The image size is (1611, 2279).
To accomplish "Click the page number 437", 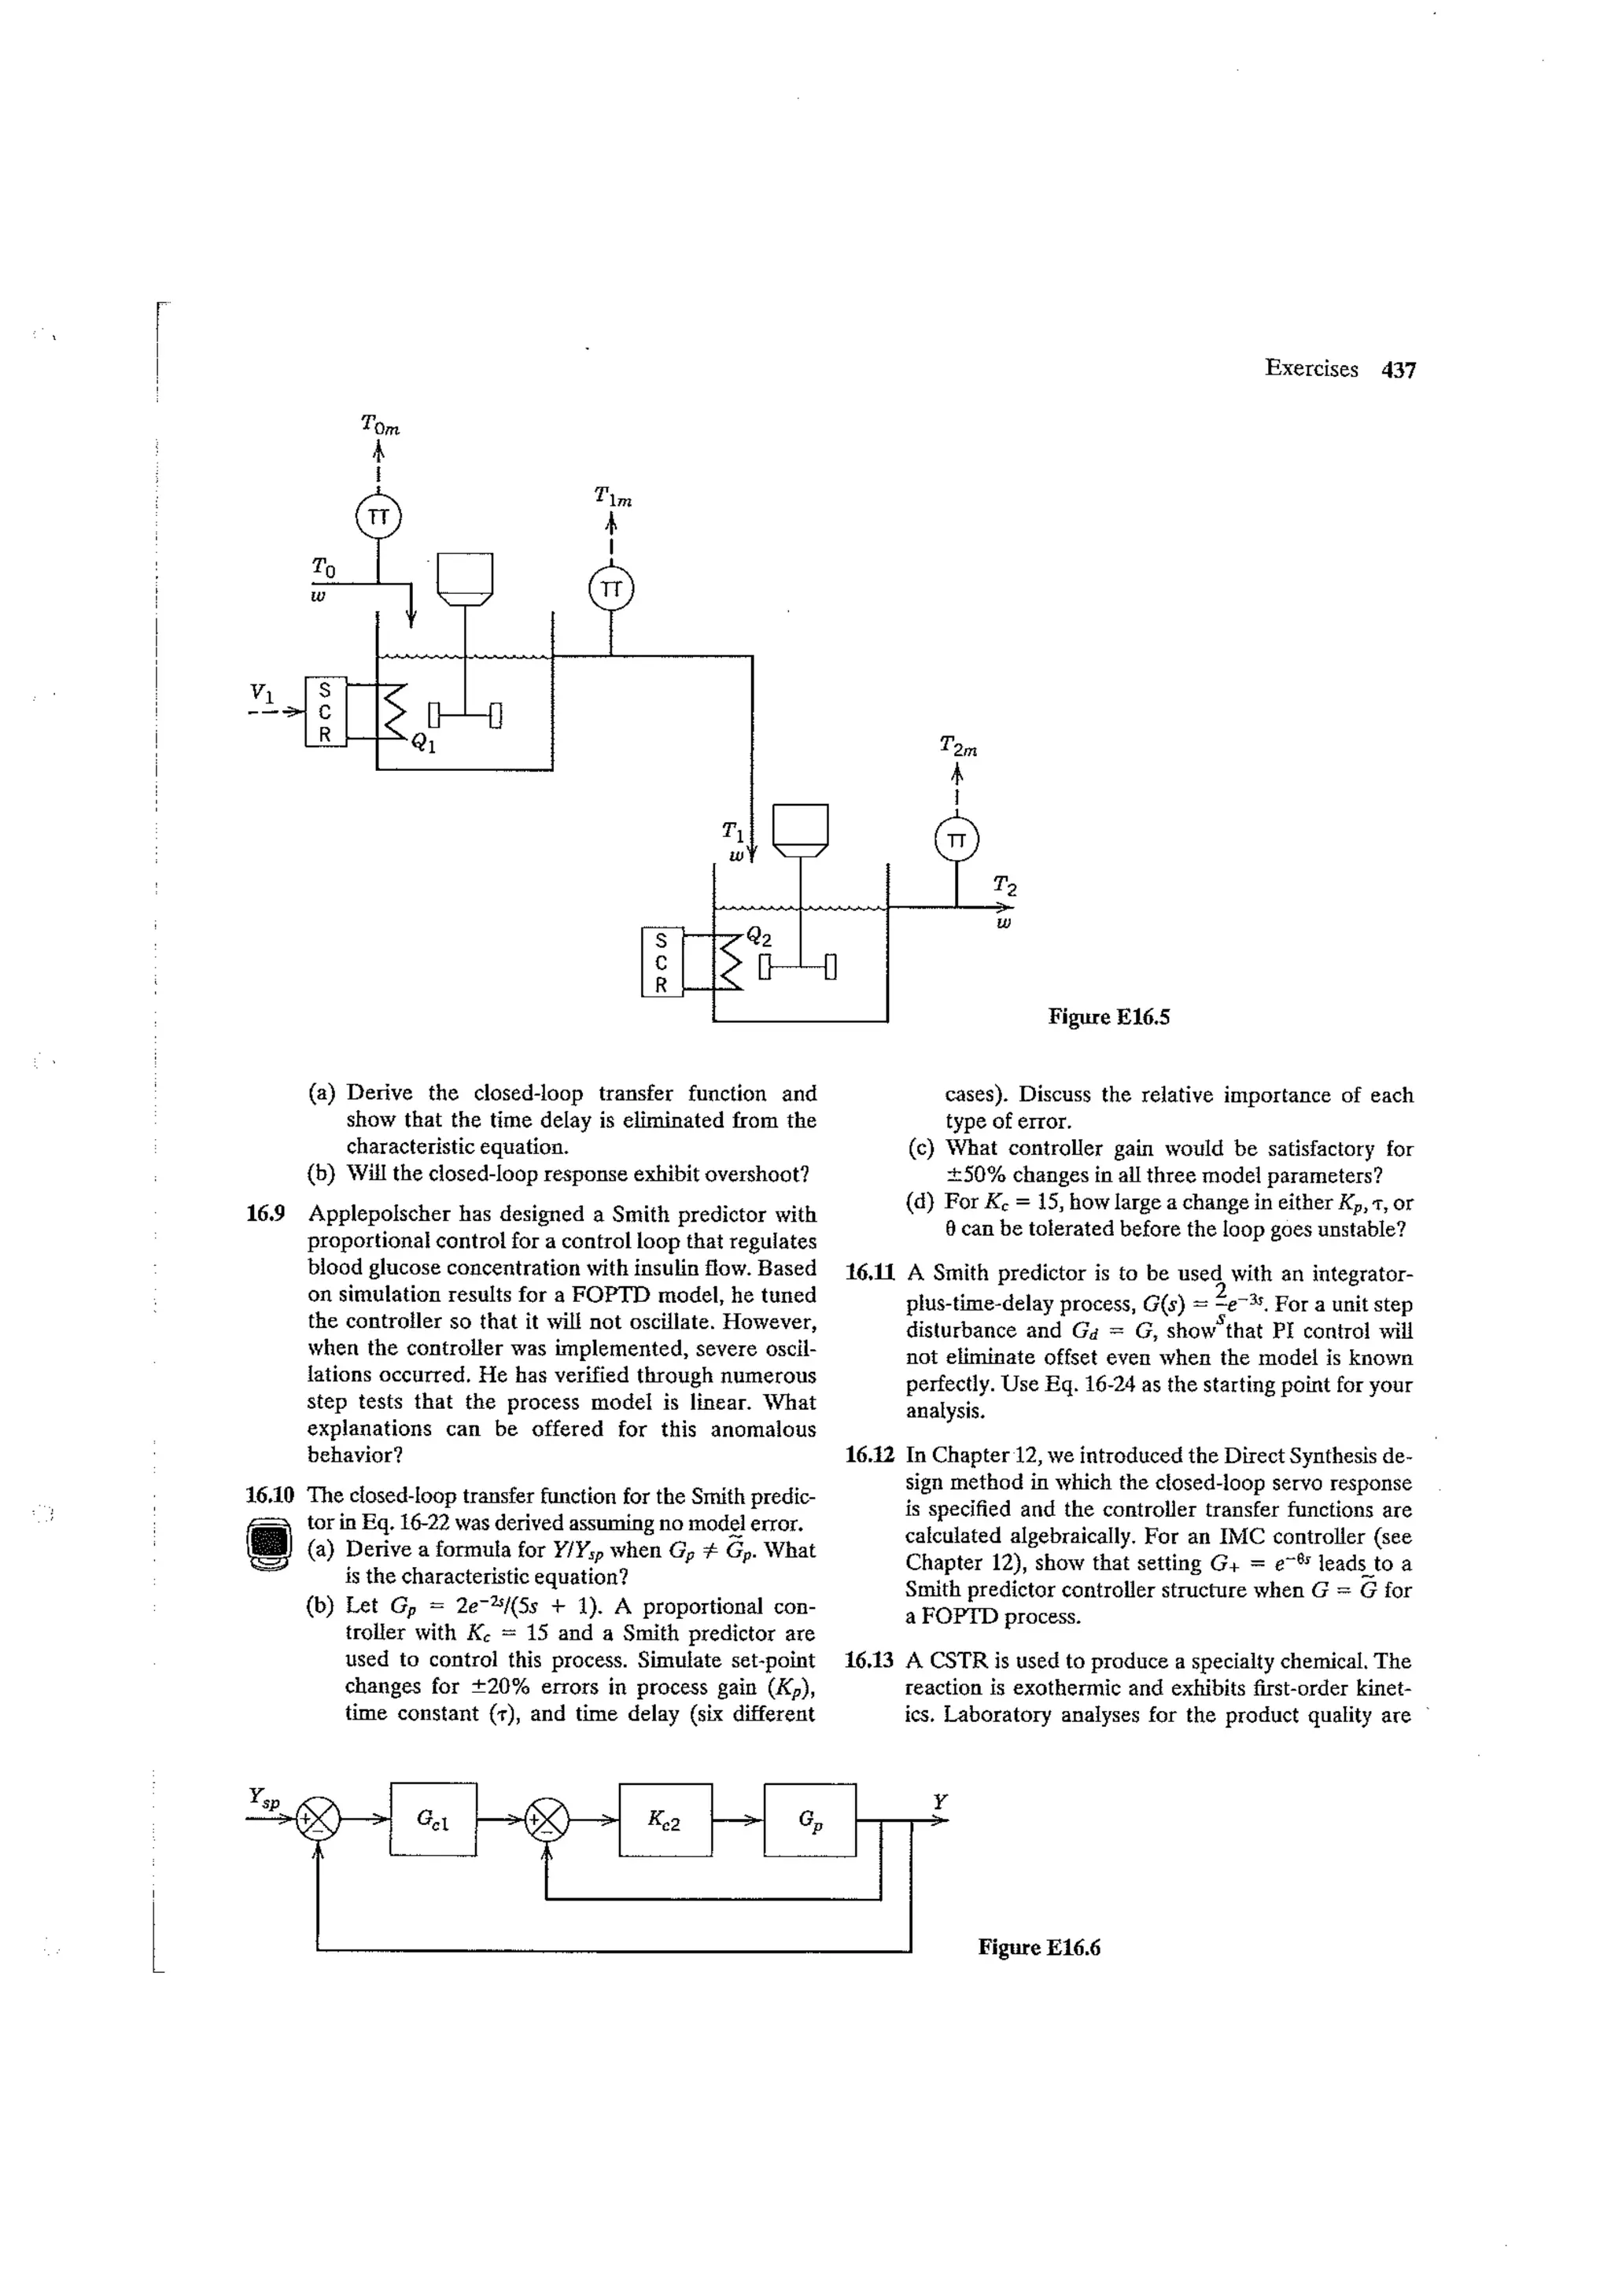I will (x=1399, y=369).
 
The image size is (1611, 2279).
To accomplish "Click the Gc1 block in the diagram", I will (x=433, y=1820).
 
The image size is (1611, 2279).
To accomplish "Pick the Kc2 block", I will (x=664, y=1820).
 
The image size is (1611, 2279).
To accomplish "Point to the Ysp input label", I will (x=264, y=1797).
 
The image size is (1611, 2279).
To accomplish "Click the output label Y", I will (x=940, y=1801).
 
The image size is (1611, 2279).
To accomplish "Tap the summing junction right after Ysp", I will (x=319, y=1820).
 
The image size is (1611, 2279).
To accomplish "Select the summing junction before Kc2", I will (x=548, y=1820).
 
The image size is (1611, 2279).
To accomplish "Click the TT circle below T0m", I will (x=378, y=517).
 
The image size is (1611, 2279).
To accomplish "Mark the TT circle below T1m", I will (x=610, y=588).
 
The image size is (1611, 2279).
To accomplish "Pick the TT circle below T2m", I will (x=956, y=839).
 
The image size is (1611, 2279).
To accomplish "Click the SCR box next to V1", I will (x=326, y=712).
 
